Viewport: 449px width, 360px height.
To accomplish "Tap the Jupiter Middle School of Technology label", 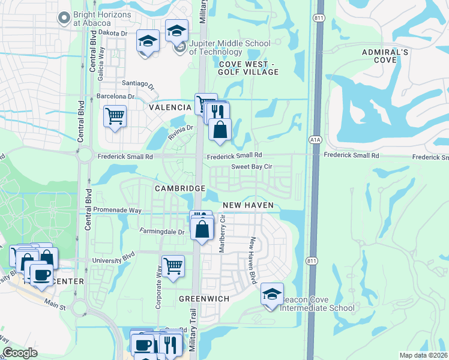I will click(230, 47).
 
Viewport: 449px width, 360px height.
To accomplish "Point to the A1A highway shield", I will click(315, 139).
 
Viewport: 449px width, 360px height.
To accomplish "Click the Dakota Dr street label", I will click(113, 34).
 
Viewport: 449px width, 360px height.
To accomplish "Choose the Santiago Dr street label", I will click(139, 84).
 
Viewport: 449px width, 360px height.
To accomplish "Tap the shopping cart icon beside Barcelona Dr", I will click(115, 115).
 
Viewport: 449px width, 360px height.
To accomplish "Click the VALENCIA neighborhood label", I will click(171, 107).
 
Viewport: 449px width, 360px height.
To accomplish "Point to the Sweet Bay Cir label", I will click(252, 167).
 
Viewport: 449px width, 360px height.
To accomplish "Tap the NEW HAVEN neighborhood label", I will click(248, 205).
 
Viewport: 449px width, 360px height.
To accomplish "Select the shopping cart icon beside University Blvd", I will click(173, 265).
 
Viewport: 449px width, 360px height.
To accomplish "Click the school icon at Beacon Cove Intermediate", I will click(272, 295).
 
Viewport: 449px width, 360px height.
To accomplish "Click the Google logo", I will click(20, 353).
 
